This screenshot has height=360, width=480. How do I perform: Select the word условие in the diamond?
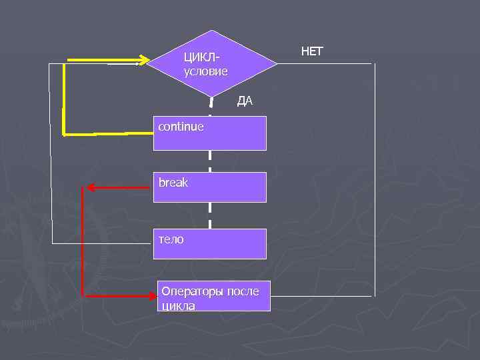pyautogui.click(x=205, y=71)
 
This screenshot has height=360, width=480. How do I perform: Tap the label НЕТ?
pyautogui.click(x=312, y=51)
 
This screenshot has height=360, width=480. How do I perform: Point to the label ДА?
pyautogui.click(x=245, y=101)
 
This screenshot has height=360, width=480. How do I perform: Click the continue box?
pyautogui.click(x=210, y=133)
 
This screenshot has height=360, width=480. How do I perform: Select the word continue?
pyautogui.click(x=181, y=126)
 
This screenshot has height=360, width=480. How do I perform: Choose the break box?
pyautogui.click(x=210, y=187)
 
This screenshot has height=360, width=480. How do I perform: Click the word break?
pyautogui.click(x=173, y=182)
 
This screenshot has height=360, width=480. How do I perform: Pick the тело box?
pyautogui.click(x=210, y=243)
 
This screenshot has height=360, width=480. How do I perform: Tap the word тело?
pyautogui.click(x=171, y=238)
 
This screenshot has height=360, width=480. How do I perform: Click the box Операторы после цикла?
pyautogui.click(x=215, y=296)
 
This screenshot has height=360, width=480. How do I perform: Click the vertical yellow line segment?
pyautogui.click(x=63, y=97)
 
